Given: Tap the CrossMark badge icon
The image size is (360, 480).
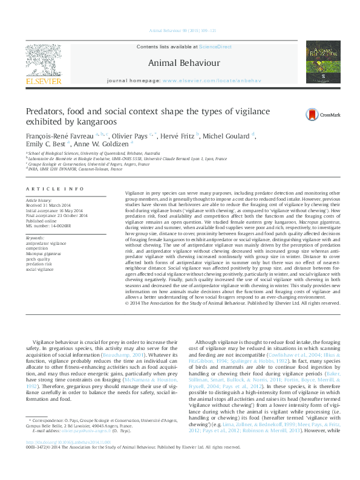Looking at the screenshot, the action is pyautogui.click(x=311, y=114).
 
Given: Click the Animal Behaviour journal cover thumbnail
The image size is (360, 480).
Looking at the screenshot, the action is pyautogui.click(x=322, y=62).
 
